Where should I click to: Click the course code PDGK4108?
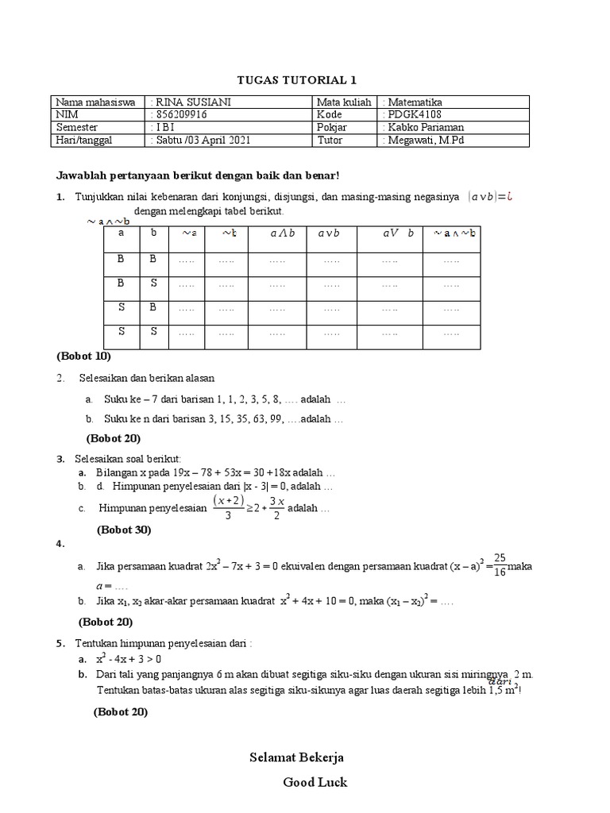click(413, 114)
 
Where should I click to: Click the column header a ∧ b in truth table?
click(282, 233)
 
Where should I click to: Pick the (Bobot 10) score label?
click(84, 355)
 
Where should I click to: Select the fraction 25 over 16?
click(500, 564)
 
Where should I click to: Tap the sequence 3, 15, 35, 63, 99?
click(241, 418)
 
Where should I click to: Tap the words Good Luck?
click(315, 782)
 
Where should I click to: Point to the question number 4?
click(60, 544)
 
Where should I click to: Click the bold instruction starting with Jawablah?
click(198, 175)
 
